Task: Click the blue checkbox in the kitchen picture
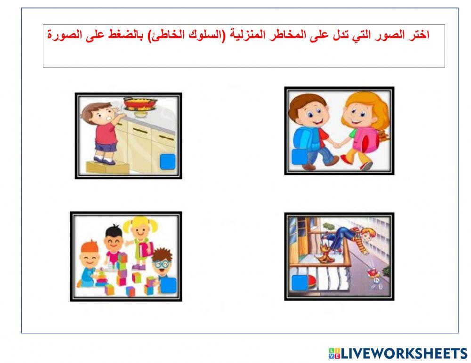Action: coord(167,161)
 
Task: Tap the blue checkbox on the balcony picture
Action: coord(300,284)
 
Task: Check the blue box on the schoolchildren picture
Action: coord(299,156)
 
